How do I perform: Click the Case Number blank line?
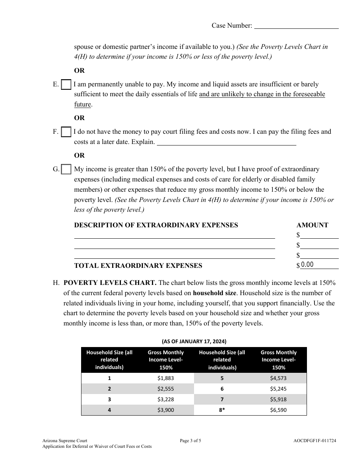coord(296,26)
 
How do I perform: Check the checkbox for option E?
coord(66,84)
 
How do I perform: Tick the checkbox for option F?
coord(66,132)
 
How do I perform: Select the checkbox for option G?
coord(66,169)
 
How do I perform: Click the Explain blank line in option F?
coord(226,142)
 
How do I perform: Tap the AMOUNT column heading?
coord(312,225)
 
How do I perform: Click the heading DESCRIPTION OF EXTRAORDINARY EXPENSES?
coord(156,225)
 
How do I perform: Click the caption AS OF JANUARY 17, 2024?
coord(194,341)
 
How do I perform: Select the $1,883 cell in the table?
coord(166,378)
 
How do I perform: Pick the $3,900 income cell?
coord(166,410)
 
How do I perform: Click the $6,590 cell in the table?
coord(279,410)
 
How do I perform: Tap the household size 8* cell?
coord(222,410)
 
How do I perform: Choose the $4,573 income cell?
coord(279,378)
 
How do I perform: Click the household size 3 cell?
coord(110,399)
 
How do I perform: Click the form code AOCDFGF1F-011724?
coord(315,441)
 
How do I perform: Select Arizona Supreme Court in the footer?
coord(65,441)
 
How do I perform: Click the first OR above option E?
coord(79,70)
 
